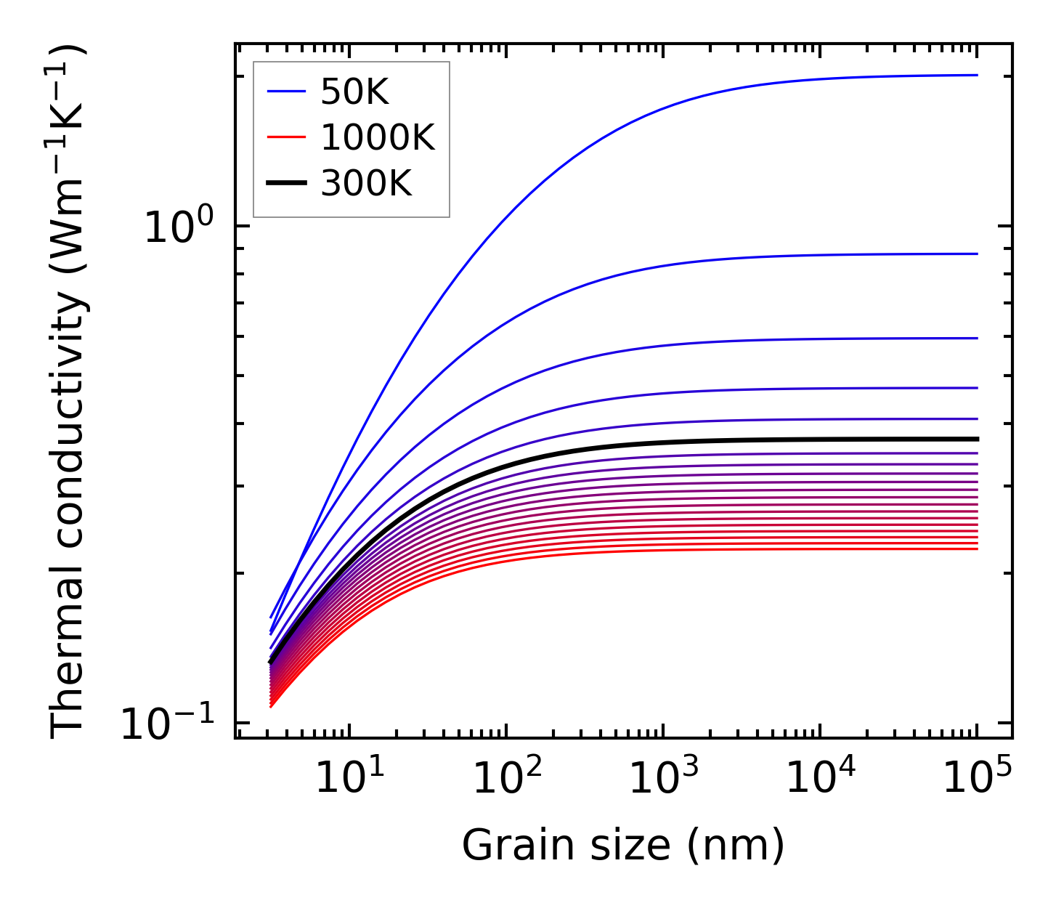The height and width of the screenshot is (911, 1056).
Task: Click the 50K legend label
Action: (x=355, y=92)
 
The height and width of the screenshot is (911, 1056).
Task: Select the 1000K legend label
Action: (x=378, y=138)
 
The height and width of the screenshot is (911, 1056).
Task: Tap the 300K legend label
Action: (x=366, y=184)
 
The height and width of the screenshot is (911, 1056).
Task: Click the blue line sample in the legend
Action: (x=287, y=92)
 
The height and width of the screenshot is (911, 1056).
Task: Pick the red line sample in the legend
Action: (x=287, y=138)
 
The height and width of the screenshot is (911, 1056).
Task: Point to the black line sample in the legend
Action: (x=287, y=184)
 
